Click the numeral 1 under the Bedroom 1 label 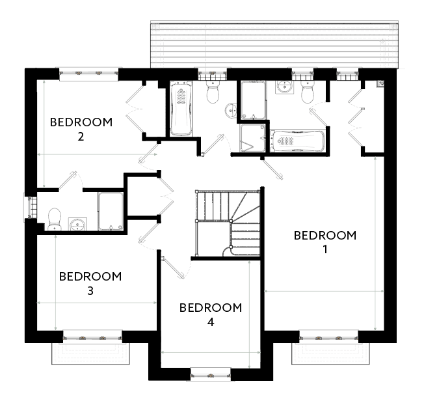[x=325, y=249]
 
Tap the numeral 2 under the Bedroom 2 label [x=81, y=137]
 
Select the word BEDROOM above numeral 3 [x=90, y=277]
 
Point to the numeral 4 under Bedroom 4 [x=211, y=322]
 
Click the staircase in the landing [x=228, y=223]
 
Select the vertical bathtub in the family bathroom [x=181, y=109]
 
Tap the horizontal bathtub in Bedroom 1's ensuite [x=297, y=141]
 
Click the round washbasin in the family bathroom [x=231, y=111]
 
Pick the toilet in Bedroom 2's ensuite [x=55, y=219]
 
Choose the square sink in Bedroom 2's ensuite [x=77, y=224]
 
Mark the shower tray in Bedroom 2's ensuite [x=111, y=212]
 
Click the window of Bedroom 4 [x=211, y=374]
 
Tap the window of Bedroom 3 [x=92, y=337]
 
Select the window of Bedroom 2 [x=88, y=74]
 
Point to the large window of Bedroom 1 [x=328, y=337]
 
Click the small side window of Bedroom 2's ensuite [x=31, y=207]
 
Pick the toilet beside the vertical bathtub [x=213, y=92]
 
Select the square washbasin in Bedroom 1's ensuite [x=285, y=87]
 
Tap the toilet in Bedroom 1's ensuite [x=308, y=92]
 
